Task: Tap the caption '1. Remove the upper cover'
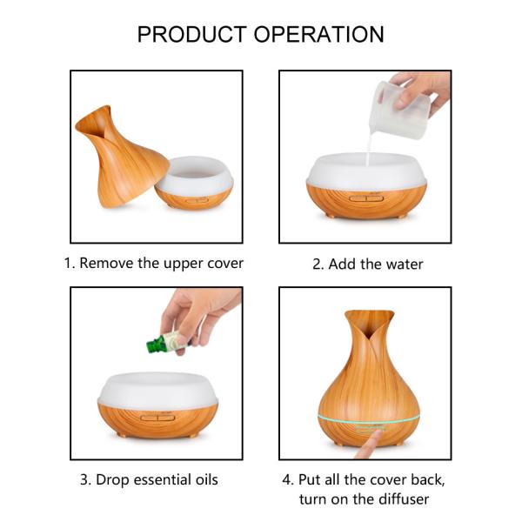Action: coord(153,263)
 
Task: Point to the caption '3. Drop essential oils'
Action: coord(149,479)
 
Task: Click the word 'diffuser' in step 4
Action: coord(399,499)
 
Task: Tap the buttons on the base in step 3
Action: coord(157,416)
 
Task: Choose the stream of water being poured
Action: coord(368,148)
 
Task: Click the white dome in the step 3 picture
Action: coord(157,390)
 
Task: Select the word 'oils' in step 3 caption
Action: coord(203,479)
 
